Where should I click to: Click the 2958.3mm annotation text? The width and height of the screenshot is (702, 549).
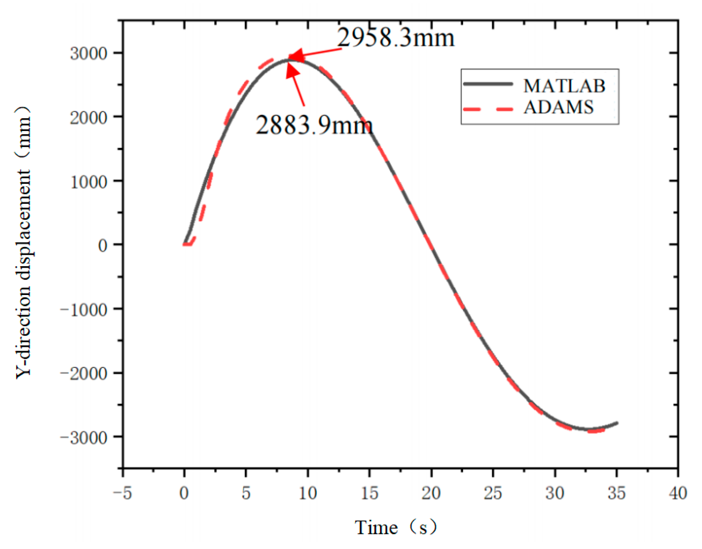click(395, 38)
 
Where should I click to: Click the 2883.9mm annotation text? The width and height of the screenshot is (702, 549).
click(314, 125)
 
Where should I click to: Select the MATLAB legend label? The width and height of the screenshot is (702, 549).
click(564, 86)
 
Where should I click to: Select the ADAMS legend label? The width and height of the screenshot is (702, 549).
click(558, 107)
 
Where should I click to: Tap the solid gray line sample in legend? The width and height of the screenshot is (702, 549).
click(488, 84)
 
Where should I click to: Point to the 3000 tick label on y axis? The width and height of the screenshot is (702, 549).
click(89, 53)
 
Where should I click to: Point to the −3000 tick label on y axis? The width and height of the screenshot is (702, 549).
click(84, 437)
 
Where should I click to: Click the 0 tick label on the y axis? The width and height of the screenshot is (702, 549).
click(102, 245)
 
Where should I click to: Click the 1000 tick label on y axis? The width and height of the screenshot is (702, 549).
click(89, 181)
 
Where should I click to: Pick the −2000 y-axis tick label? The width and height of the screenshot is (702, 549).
click(84, 373)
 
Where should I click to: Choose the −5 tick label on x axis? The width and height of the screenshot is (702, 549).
click(122, 493)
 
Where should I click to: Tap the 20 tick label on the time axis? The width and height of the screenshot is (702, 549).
click(431, 493)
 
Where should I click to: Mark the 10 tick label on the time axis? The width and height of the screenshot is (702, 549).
click(307, 493)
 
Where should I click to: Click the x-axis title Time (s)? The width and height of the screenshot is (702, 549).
click(395, 527)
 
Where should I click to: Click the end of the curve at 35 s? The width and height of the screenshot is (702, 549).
click(617, 423)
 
